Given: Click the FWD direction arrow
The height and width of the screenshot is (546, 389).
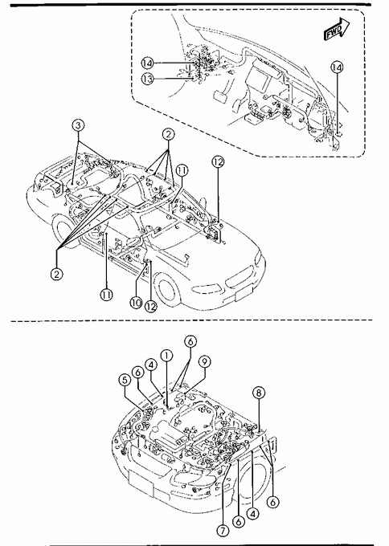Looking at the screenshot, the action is (337, 29).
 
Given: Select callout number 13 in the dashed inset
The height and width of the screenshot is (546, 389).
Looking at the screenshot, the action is (147, 79).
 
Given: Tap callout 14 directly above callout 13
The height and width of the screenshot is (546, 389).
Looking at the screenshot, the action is (147, 63).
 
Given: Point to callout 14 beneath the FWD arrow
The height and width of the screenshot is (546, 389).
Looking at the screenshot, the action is (337, 67).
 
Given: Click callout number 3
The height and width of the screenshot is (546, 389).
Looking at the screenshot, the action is (79, 125).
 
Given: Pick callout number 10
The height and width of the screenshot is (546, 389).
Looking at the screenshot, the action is (136, 302).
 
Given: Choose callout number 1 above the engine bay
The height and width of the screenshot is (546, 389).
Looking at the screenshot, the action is (166, 356).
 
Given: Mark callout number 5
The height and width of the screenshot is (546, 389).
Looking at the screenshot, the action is (125, 380).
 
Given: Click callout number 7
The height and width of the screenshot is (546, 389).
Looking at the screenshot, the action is (223, 531).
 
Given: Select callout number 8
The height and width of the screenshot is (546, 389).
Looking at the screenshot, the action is (259, 393).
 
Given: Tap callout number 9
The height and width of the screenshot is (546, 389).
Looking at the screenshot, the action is (205, 362).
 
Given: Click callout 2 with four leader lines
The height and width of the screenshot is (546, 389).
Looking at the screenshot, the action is (56, 274).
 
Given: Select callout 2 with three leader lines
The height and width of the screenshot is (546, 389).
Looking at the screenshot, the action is (168, 134).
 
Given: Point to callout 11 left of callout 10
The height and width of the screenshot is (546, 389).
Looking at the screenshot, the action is (106, 295).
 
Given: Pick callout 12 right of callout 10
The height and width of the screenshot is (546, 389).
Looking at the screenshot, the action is (150, 307).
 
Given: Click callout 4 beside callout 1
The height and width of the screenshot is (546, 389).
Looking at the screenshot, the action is (151, 365).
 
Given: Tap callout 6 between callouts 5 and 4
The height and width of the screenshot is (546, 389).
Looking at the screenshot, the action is (138, 373).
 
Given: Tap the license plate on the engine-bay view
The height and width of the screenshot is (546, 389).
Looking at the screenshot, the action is (141, 483).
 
